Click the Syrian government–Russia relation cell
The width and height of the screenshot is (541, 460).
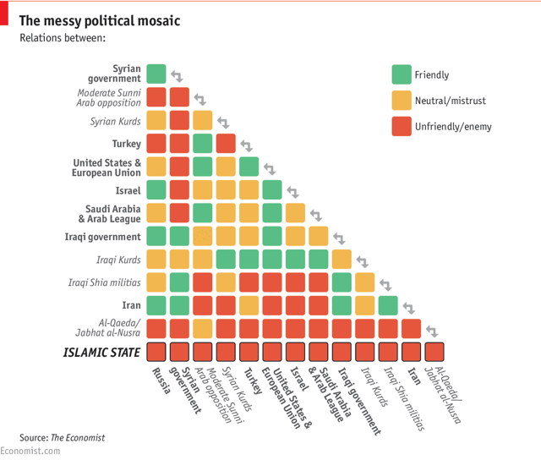[156, 74]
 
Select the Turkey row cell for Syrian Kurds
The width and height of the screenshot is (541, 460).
[226, 143]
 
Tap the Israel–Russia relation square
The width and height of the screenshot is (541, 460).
[156, 189]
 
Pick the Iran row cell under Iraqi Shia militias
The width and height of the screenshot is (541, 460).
[388, 304]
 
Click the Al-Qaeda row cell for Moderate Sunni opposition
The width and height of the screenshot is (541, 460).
[202, 327]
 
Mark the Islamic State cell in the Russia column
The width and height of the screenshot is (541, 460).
[156, 352]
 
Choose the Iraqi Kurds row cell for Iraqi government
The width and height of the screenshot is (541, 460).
[342, 259]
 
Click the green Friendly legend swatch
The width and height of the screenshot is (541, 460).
[401, 74]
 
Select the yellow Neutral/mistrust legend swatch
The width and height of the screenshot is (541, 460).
[401, 101]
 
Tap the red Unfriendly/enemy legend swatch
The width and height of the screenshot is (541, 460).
[401, 127]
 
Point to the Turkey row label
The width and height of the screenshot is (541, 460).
[127, 144]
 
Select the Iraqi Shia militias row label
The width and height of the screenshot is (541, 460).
[105, 282]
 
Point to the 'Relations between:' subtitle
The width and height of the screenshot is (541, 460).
[63, 38]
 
